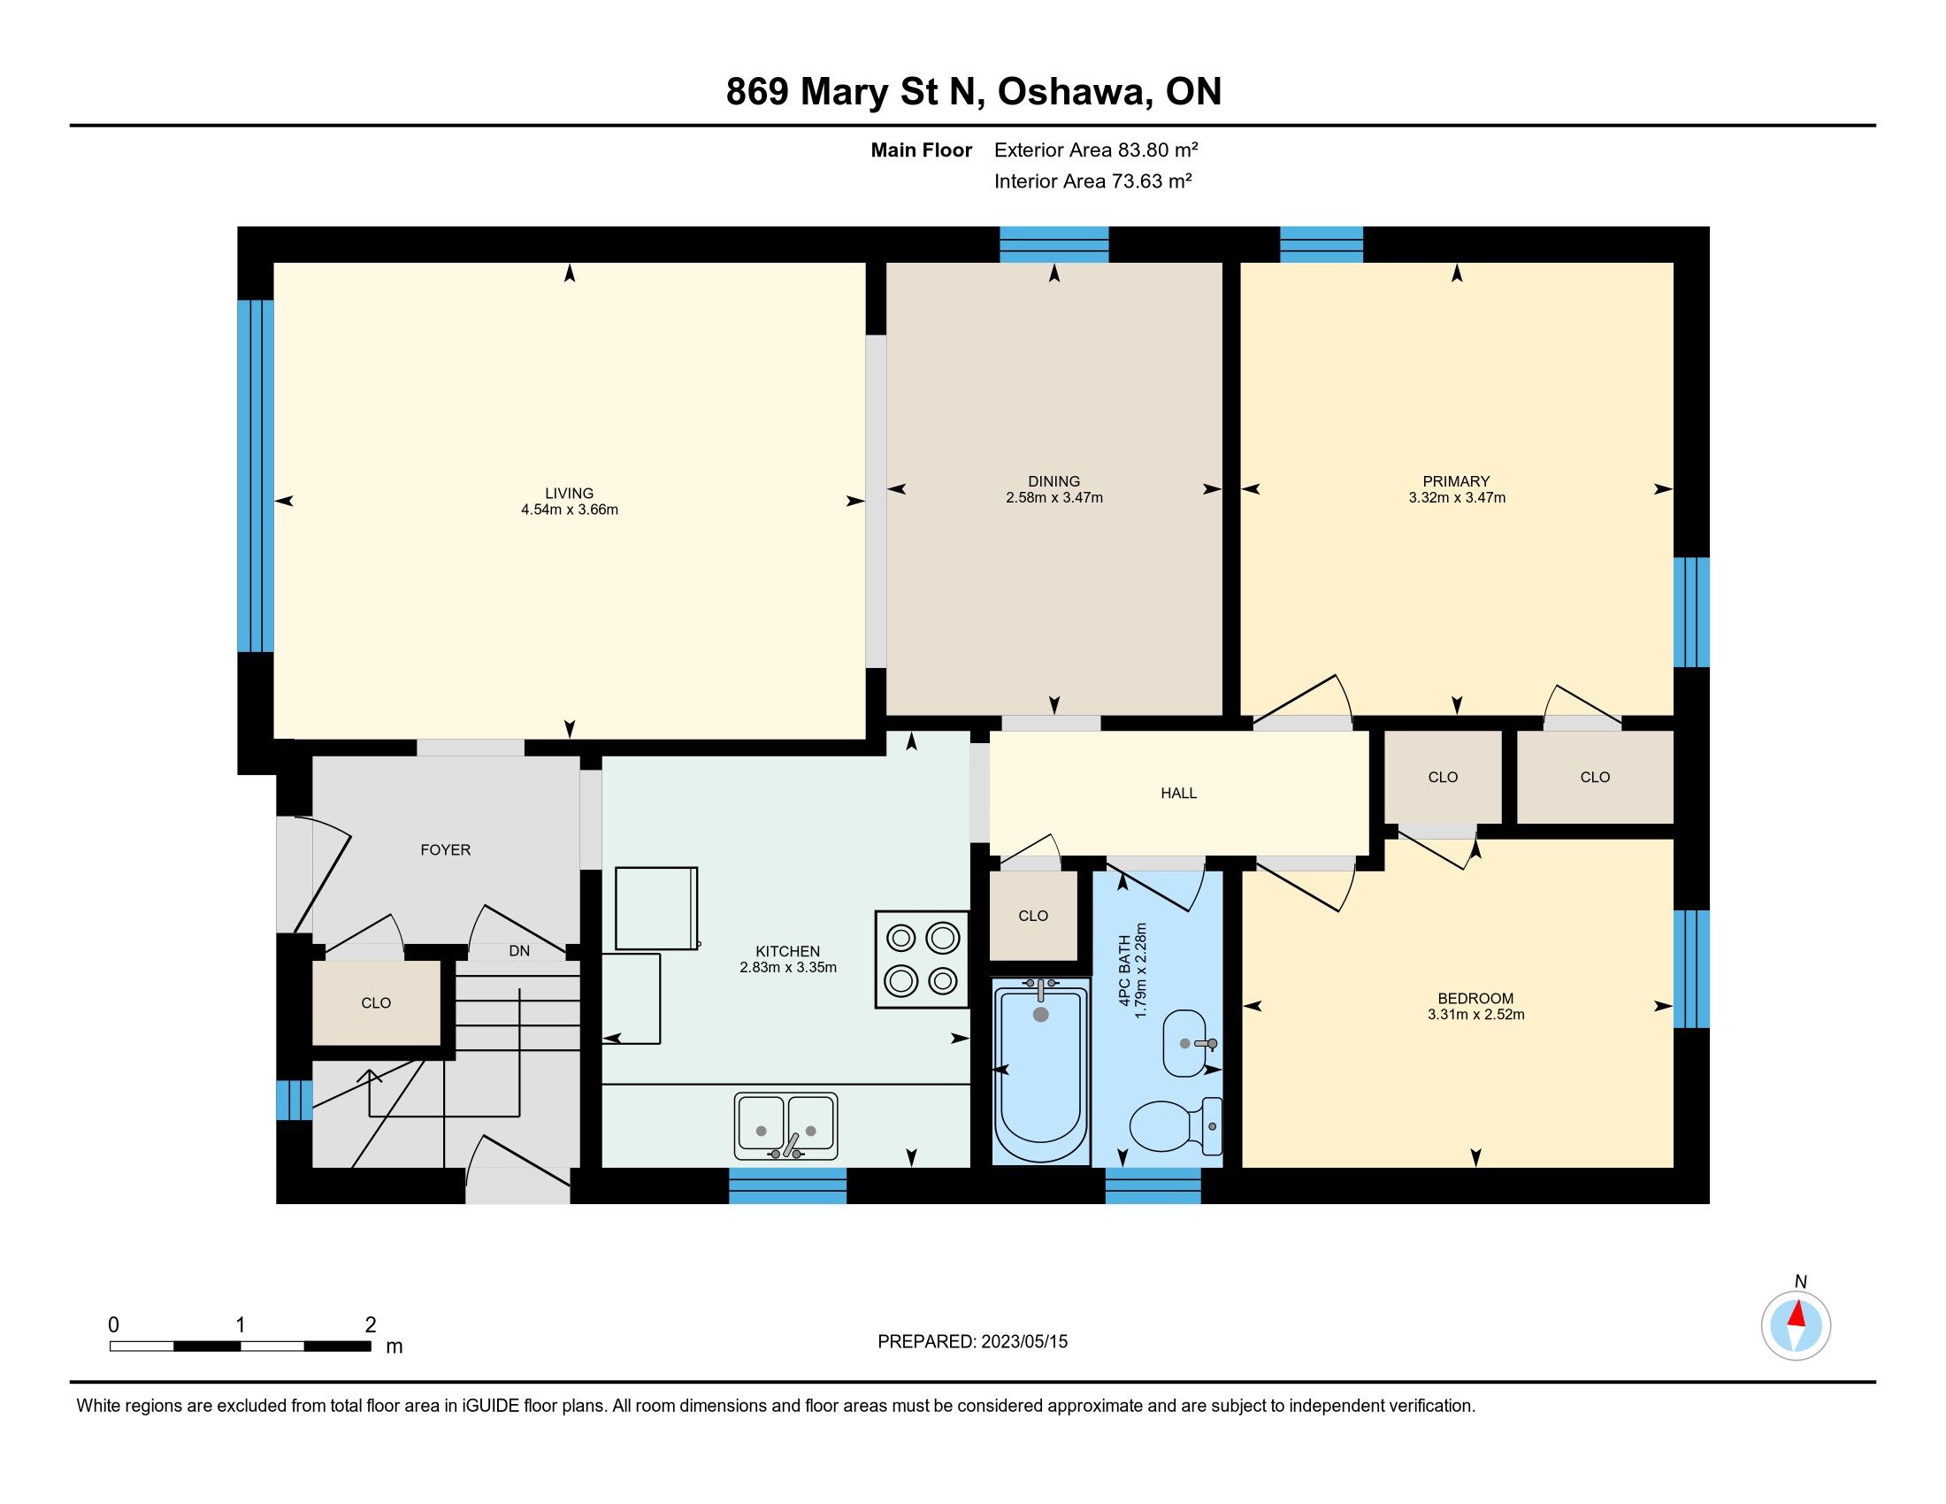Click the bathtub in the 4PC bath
1041,1070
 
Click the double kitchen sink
785,1125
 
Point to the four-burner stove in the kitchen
922,959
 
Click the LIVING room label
570,493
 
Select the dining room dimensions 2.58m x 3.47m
1054,497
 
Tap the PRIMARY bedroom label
1456,481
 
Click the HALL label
1178,793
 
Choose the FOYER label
446,850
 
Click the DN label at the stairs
519,951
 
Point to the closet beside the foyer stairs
376,1002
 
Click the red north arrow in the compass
1797,1314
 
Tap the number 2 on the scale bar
371,1325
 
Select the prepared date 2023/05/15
1023,1342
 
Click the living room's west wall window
255,476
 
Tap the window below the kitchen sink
787,1186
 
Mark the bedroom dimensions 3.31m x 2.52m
1475,1014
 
